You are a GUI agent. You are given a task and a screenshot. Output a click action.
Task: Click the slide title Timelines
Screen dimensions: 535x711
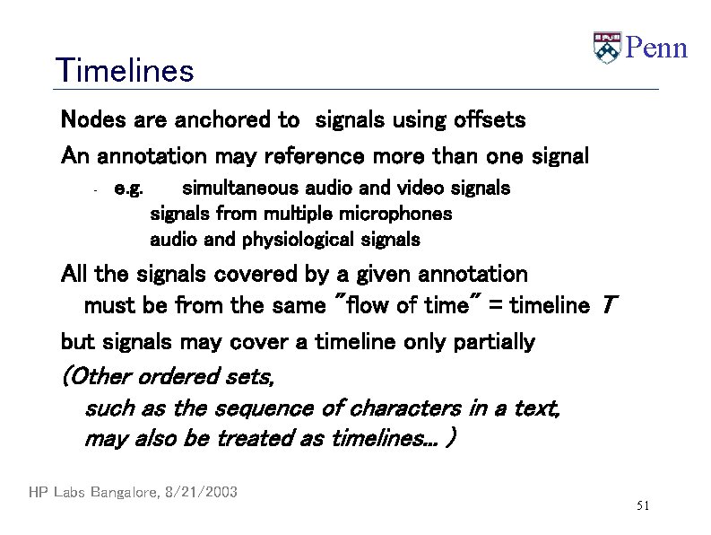click(x=124, y=70)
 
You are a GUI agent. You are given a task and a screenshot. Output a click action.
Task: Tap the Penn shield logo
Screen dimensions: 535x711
click(x=607, y=48)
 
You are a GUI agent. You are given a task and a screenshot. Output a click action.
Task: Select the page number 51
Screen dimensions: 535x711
click(x=642, y=507)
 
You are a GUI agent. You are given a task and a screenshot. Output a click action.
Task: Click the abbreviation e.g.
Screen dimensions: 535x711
click(x=129, y=189)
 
